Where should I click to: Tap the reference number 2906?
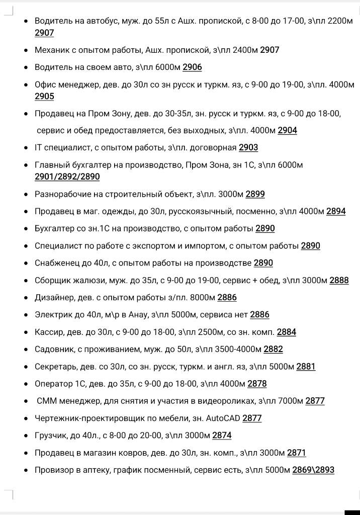point(192,67)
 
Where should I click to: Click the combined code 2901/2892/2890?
point(67,177)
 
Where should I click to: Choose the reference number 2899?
point(255,194)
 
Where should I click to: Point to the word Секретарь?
point(55,367)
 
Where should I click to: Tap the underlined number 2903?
point(248,147)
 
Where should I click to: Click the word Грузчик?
point(50,435)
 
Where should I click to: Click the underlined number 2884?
point(286,332)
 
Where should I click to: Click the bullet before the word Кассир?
point(26,332)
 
